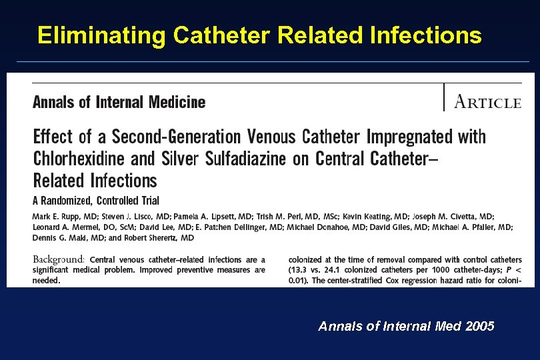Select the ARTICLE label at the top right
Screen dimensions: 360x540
click(x=487, y=102)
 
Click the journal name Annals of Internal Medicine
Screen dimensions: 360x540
click(x=119, y=102)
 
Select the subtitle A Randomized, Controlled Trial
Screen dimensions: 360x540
click(x=96, y=200)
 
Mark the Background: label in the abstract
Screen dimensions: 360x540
click(x=59, y=259)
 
